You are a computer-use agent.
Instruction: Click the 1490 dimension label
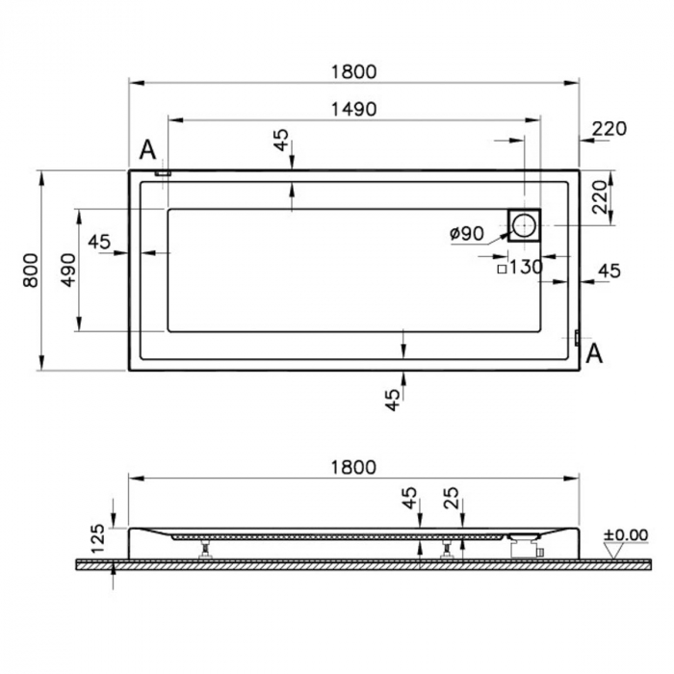pos(353,109)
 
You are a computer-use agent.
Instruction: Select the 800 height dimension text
pos(30,270)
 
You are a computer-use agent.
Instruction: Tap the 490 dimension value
pos(66,270)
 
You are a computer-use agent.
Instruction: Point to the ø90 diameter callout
pos(467,233)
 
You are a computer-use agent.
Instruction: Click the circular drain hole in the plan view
pos(526,225)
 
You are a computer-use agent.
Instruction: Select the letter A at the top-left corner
pos(147,149)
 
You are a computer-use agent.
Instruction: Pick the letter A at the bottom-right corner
pos(595,354)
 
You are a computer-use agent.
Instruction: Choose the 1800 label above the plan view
pos(353,71)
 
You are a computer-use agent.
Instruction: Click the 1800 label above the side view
pos(353,467)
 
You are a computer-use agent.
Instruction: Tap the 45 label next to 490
pos(99,242)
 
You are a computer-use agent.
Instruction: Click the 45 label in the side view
pos(410,499)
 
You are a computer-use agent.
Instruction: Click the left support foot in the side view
pos(205,550)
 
